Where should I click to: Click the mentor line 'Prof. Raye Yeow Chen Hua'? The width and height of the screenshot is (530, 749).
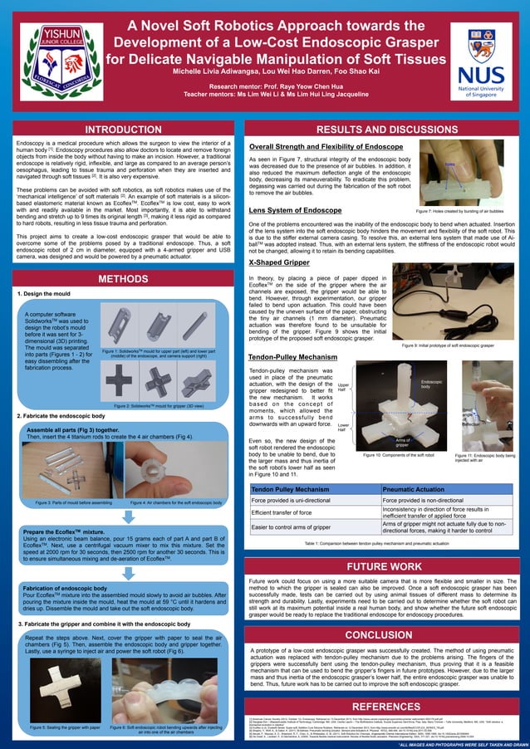(265, 86)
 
